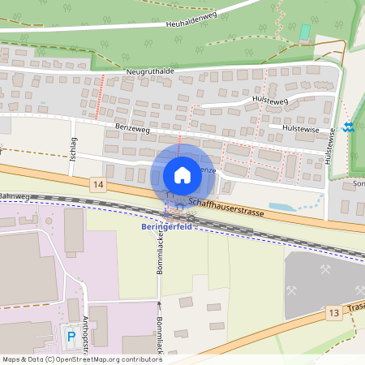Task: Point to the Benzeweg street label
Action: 134,129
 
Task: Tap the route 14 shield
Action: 99,186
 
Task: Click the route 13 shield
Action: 334,312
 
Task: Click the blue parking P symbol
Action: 71,336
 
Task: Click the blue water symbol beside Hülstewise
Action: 349,127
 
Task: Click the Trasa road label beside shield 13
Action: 355,309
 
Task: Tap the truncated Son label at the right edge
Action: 359,185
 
